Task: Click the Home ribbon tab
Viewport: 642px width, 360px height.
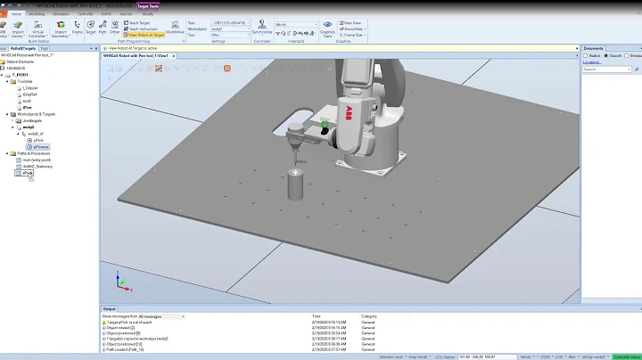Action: click(17, 14)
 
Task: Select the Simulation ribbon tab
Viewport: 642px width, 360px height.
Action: click(61, 14)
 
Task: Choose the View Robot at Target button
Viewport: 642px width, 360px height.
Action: click(145, 35)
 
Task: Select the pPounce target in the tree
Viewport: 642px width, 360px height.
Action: click(43, 146)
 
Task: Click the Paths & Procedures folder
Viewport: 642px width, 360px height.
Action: click(33, 153)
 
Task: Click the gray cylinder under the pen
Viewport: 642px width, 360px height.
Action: click(295, 187)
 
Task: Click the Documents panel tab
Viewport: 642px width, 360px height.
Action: click(594, 48)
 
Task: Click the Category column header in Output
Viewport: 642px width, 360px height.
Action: click(369, 316)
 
